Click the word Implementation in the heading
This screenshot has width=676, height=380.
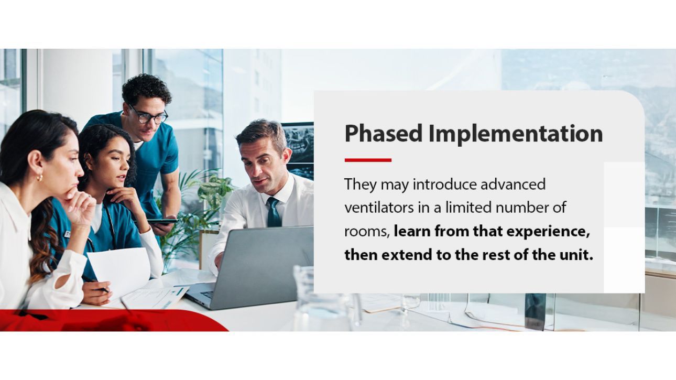(516, 134)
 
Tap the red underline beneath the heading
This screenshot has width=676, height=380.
(368, 160)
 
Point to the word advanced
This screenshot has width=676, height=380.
(513, 184)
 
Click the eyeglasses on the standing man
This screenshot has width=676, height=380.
(149, 116)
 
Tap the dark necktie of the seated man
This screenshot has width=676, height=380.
(274, 212)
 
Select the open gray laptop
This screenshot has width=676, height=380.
(257, 267)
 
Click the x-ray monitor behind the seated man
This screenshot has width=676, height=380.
(297, 147)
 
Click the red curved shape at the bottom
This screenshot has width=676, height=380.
(105, 320)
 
